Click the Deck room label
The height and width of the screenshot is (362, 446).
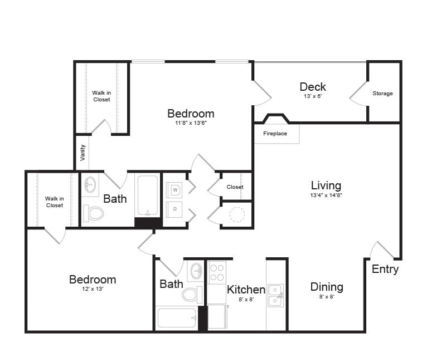313,86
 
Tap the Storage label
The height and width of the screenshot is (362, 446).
382,94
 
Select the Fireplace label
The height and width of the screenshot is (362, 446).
275,134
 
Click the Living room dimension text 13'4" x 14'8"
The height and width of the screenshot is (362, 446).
326,195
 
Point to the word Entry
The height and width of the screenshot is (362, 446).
385,269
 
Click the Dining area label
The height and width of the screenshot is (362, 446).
327,287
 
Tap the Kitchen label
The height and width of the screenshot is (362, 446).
246,290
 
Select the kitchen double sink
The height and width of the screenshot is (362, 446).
275,296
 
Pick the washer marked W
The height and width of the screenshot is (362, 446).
175,189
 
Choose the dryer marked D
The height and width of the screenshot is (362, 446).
175,209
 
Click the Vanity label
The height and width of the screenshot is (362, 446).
83,153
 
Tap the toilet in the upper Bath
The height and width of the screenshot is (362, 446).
93,213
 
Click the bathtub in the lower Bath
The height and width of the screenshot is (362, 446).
177,319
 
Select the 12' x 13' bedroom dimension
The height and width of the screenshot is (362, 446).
93,289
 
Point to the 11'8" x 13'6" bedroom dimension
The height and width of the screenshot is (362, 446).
191,123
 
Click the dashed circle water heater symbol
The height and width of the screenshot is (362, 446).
237,214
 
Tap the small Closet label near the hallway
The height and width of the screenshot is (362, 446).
235,187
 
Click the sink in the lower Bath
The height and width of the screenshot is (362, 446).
196,271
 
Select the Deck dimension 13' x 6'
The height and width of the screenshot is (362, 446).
312,96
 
